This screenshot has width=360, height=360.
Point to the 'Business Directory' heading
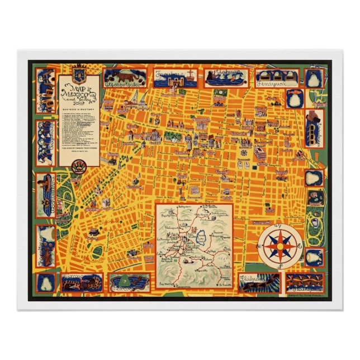click(x=79, y=110)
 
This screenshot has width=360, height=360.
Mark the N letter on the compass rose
click(x=280, y=225)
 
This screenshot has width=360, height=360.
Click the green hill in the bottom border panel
click(x=130, y=280)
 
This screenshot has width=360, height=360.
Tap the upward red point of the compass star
click(x=280, y=234)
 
